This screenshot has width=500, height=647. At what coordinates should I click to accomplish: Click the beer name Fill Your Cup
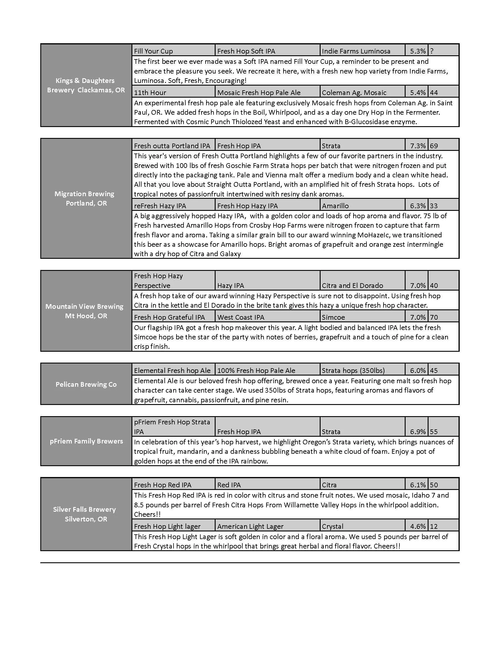coord(153,51)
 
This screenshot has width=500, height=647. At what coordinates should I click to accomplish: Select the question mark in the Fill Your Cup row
coord(432,51)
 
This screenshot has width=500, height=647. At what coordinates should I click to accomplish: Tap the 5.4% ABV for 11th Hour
coord(418,92)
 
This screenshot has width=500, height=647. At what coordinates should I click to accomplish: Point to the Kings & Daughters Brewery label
coord(86,85)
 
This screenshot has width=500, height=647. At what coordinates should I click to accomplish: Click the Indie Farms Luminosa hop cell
coord(356,51)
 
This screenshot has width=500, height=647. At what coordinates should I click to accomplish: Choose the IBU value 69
coord(434,146)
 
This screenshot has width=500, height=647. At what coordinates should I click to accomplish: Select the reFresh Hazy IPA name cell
coord(160,206)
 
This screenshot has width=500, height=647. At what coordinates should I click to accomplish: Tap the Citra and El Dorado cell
coord(352,285)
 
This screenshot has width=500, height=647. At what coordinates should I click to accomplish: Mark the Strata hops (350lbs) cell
coord(353,370)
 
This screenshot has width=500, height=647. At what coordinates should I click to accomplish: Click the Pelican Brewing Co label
coord(86,384)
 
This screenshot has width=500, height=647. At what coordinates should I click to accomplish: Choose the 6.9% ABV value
coord(418,432)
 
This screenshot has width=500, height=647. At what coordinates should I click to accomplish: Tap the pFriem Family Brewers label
coord(86,441)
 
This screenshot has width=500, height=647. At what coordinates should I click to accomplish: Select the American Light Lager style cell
coord(250,526)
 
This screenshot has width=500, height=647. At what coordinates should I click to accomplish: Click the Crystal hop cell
coord(332,526)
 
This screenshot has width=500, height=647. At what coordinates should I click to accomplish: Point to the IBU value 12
coord(434,526)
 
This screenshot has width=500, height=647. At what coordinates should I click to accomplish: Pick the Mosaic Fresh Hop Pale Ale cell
coord(259,92)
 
